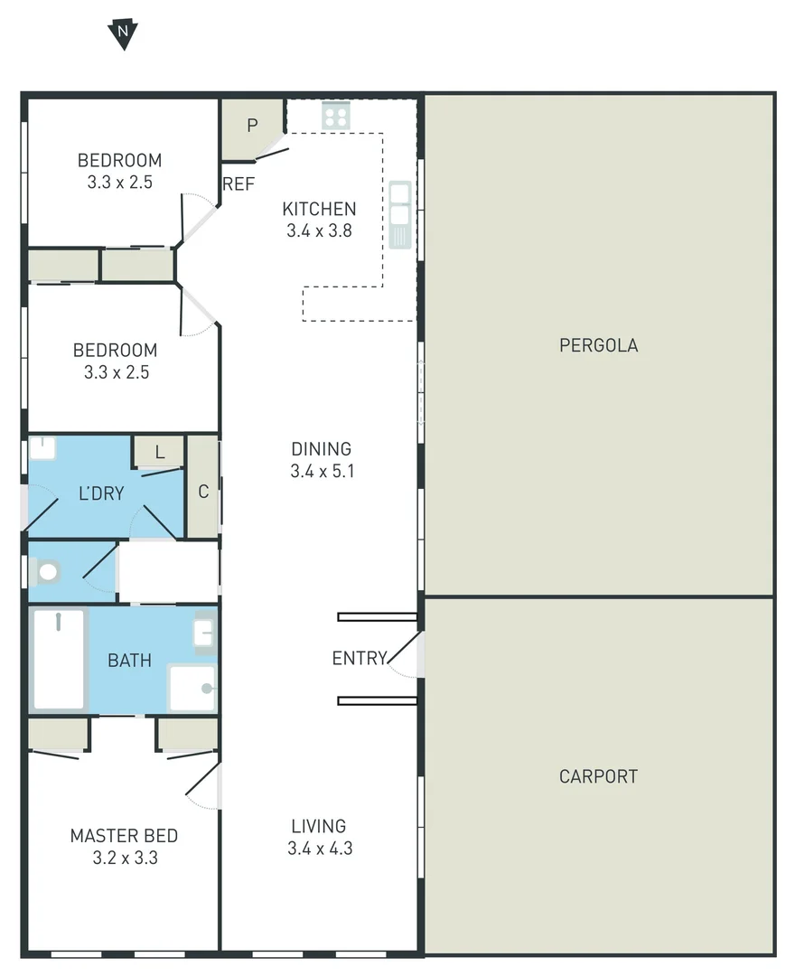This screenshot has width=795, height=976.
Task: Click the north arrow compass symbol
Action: tap(122, 34)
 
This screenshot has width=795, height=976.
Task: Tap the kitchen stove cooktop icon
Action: tap(336, 115)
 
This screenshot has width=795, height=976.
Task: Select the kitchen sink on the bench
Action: tap(399, 214)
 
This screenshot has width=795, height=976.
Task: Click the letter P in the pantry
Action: tap(252, 126)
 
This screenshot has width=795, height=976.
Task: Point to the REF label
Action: tap(238, 184)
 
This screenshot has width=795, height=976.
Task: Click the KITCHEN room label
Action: tap(319, 209)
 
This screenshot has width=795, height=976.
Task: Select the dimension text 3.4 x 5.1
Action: tap(321, 471)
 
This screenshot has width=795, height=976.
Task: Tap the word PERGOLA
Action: tap(598, 345)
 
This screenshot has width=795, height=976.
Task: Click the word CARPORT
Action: tap(598, 776)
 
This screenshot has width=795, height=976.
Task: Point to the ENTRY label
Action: tap(360, 658)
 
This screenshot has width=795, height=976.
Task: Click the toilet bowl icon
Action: tap(47, 571)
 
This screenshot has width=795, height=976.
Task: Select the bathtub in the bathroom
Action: tap(59, 660)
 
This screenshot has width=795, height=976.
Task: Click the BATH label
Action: tap(129, 661)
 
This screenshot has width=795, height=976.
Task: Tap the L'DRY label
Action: tap(100, 493)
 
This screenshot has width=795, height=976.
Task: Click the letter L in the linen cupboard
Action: tap(159, 453)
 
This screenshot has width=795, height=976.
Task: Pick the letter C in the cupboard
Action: tap(203, 492)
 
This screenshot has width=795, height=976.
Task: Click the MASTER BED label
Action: tap(124, 836)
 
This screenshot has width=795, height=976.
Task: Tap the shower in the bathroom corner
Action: tap(192, 689)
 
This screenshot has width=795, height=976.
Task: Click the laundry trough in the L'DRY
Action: tap(42, 448)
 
